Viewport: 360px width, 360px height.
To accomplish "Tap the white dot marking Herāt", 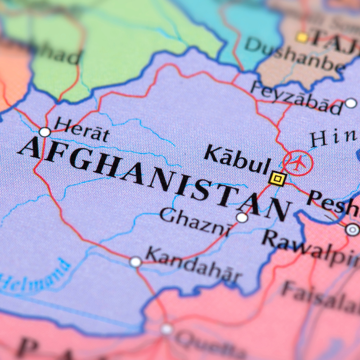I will click(45, 132).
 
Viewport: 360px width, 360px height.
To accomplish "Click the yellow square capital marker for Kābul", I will click(278, 179).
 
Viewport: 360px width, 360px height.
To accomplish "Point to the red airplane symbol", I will click(298, 162).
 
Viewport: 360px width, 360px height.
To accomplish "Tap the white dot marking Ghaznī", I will click(242, 218).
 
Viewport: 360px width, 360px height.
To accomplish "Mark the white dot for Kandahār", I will click(135, 261).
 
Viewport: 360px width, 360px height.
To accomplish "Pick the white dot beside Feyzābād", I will click(351, 103).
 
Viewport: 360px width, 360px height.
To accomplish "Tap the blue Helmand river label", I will click(36, 275).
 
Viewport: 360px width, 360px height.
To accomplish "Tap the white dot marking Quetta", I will click(167, 329).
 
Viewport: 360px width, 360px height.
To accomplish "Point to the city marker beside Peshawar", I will click(352, 229).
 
